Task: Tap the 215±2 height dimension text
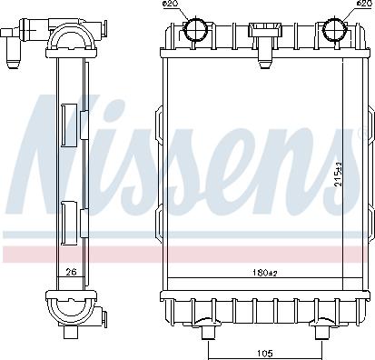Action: tap(339, 173)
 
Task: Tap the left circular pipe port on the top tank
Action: tap(195, 31)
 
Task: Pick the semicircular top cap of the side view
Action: tap(70, 35)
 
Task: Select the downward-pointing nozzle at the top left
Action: tap(12, 57)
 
